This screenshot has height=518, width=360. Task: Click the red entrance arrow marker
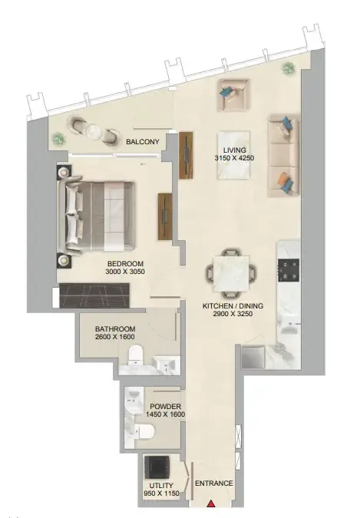pyautogui.click(x=212, y=504)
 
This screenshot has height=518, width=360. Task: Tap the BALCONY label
pyautogui.click(x=143, y=141)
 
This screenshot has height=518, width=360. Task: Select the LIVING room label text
pyautogui.click(x=234, y=150)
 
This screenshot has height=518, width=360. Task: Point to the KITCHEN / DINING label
pyautogui.click(x=233, y=305)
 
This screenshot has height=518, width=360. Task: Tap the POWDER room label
pyautogui.click(x=165, y=405)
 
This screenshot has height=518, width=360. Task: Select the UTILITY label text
pyautogui.click(x=160, y=486)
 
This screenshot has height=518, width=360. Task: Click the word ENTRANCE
pyautogui.click(x=214, y=483)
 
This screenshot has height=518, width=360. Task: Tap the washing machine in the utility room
pyautogui.click(x=160, y=466)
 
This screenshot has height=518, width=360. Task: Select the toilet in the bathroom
pyautogui.click(x=137, y=354)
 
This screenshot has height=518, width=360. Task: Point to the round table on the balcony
pyautogui.click(x=94, y=131)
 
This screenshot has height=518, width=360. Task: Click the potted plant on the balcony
pyautogui.click(x=58, y=138)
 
